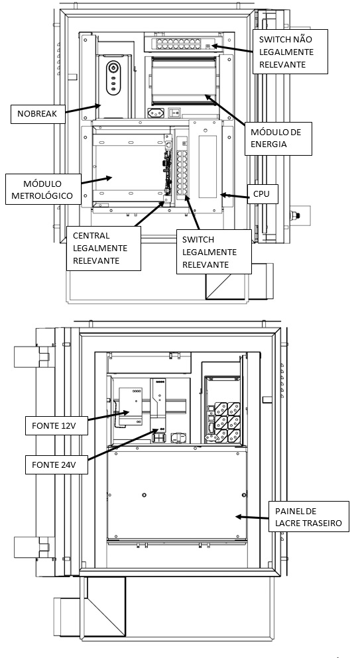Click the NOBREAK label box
coord(38,114)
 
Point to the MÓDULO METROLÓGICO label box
coord(42,190)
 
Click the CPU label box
coord(263,195)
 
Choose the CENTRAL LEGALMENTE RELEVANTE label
coord(103,248)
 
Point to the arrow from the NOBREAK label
coord(83,109)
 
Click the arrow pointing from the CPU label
coord(234,195)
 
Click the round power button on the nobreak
coord(113,67)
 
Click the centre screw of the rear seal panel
coord(145,495)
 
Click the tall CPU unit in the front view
coord(205,166)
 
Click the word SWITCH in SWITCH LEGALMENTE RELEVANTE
coord(198,240)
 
